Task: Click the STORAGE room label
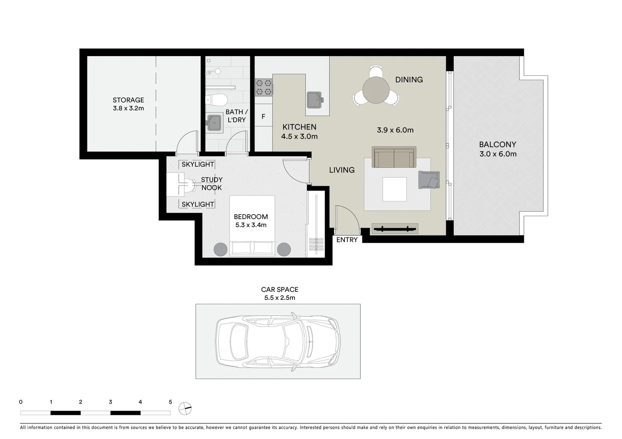coord(128,100)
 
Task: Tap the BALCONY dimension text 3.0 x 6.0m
coord(498,154)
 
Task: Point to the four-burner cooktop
coord(263,88)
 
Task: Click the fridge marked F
coord(263,117)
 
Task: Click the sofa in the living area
coord(394,157)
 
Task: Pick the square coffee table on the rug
coord(394,189)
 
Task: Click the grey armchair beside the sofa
coord(429,180)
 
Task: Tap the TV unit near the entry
coord(395,229)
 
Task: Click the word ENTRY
coord(347,240)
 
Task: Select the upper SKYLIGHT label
coord(198,164)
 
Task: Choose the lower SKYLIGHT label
coord(198,204)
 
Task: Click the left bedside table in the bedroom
coord(221,249)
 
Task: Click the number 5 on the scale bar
coord(170,402)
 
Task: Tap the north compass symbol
coord(185,408)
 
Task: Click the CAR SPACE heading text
coord(279,289)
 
